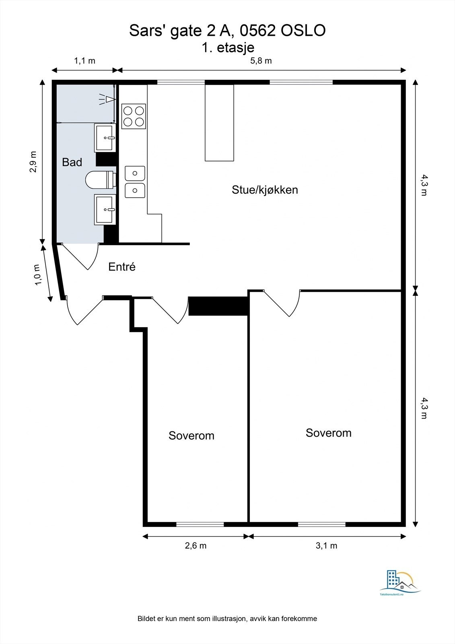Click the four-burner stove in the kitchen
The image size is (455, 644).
click(x=134, y=116)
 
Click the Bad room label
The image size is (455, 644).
click(x=72, y=162)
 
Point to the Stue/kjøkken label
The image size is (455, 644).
click(x=265, y=190)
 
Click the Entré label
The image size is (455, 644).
click(x=122, y=267)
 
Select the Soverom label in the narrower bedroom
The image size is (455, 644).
click(x=191, y=436)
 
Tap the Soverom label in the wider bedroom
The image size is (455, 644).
click(x=328, y=433)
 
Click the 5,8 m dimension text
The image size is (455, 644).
click(x=261, y=61)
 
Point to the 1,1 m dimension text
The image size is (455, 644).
click(x=84, y=61)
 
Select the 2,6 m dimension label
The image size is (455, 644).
click(x=196, y=546)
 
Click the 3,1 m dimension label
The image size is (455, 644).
click(x=326, y=546)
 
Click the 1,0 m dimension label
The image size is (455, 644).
click(x=38, y=275)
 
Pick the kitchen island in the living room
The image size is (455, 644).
click(x=219, y=123)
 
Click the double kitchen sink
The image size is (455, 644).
click(x=135, y=182)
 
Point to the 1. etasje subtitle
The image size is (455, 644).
click(x=228, y=47)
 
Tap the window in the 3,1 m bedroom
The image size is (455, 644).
click(x=322, y=524)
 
